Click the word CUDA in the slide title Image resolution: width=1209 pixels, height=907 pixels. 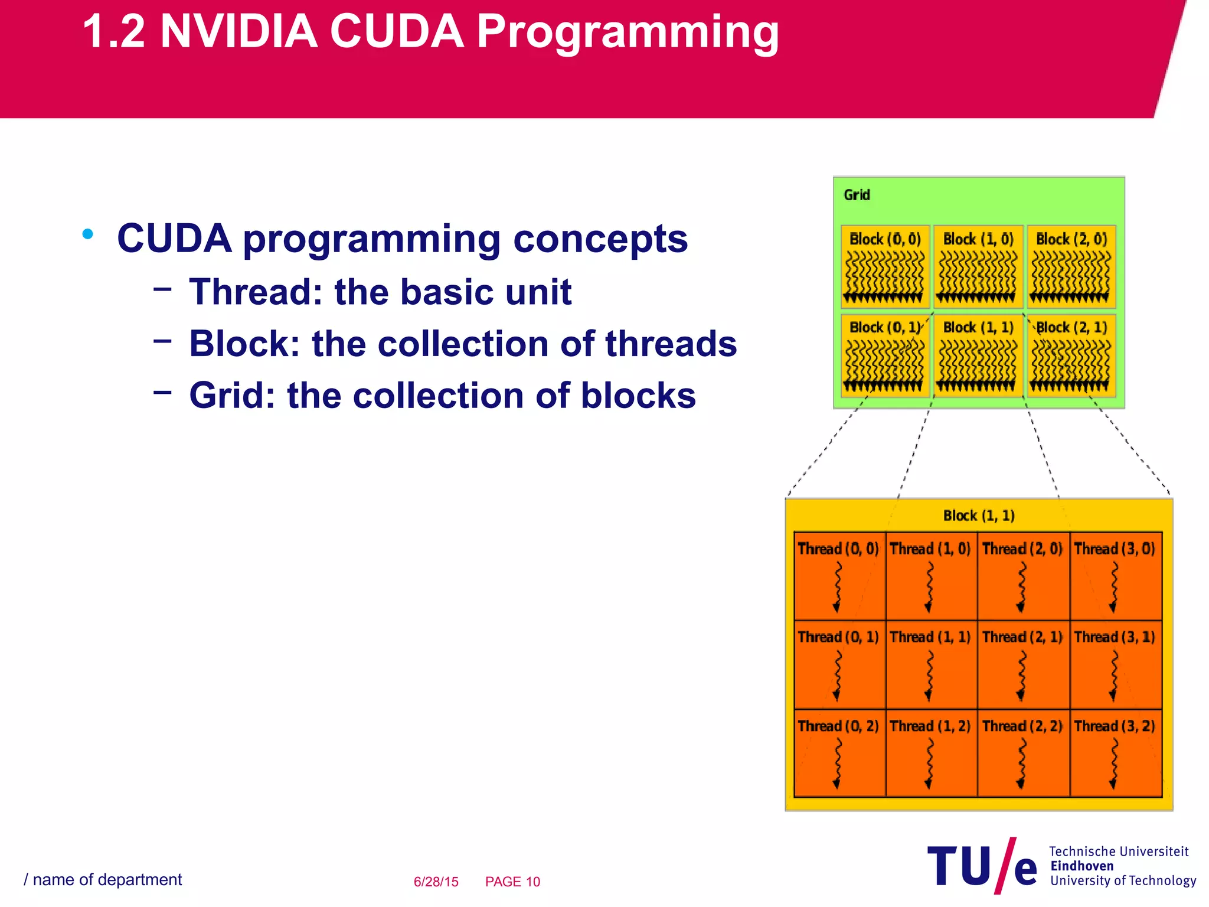click(396, 32)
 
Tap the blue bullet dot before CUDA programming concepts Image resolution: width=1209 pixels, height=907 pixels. click(88, 234)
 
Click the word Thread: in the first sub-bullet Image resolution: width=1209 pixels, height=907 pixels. click(256, 292)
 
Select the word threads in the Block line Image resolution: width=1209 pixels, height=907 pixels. click(671, 344)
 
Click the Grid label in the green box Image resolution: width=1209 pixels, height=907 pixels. click(857, 195)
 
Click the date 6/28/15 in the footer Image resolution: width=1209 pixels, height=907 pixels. click(436, 882)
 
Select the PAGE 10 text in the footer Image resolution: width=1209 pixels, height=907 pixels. click(512, 882)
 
